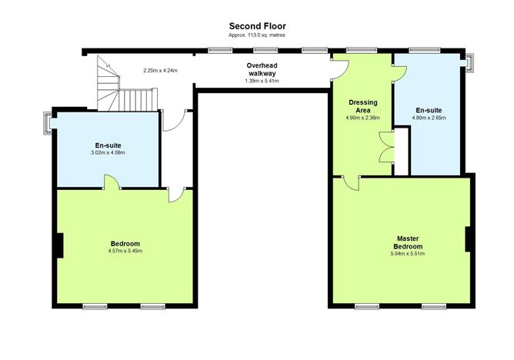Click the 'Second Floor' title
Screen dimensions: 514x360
click(x=257, y=26)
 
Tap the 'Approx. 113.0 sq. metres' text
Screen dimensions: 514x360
click(x=257, y=35)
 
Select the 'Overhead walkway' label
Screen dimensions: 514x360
click(x=262, y=69)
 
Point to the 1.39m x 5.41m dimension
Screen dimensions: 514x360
click(x=262, y=81)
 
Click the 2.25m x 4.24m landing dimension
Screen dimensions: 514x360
click(x=160, y=71)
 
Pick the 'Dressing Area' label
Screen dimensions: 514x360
click(x=363, y=106)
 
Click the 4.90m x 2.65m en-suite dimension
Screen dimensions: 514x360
click(x=429, y=118)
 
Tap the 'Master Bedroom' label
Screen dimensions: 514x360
click(x=408, y=242)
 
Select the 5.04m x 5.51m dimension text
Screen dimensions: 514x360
click(x=408, y=254)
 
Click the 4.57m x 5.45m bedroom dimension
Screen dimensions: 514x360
click(x=125, y=251)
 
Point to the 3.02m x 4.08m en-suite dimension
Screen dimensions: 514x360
click(x=108, y=152)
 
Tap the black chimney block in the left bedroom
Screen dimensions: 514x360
click(x=59, y=245)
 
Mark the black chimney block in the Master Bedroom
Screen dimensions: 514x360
click(x=468, y=239)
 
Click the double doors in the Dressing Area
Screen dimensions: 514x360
click(x=387, y=147)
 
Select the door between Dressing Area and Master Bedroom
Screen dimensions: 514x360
click(x=351, y=183)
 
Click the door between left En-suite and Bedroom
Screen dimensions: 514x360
click(x=112, y=182)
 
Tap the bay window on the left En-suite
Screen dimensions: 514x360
click(x=48, y=123)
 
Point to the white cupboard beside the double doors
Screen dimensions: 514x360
click(x=401, y=152)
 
